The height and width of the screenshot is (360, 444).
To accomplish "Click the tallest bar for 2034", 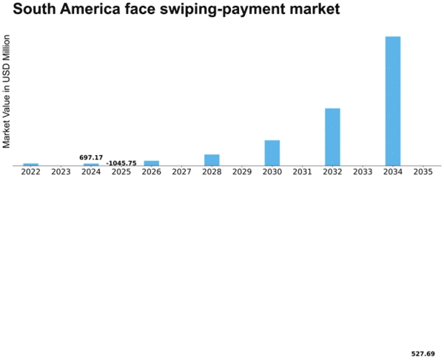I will point(393,101).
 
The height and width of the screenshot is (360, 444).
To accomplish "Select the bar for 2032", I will point(332,137).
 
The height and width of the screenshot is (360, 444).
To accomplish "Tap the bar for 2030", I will point(272,152).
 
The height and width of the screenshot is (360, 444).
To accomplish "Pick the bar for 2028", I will point(212,160).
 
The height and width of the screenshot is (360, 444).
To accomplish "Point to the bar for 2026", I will point(152,163).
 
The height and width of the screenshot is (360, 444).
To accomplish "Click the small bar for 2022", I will point(30,164).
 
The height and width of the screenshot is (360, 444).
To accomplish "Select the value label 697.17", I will point(91,157).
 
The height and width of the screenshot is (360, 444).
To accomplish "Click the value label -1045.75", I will point(121,163).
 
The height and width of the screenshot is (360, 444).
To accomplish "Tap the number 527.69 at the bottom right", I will point(423,353).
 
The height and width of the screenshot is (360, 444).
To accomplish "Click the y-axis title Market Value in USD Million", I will point(7,89).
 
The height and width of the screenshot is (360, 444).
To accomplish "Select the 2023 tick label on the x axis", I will point(61,172).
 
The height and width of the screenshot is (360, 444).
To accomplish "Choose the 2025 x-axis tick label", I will point(121,172).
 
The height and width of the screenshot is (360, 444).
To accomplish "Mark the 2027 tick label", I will point(181,172).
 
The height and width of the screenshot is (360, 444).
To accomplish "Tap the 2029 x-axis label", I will point(242,172).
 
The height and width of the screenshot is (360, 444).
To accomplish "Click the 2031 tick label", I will point(302,172).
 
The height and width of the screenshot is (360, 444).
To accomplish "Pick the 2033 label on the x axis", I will point(363,172).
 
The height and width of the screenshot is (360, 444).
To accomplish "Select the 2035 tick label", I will point(423,172).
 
